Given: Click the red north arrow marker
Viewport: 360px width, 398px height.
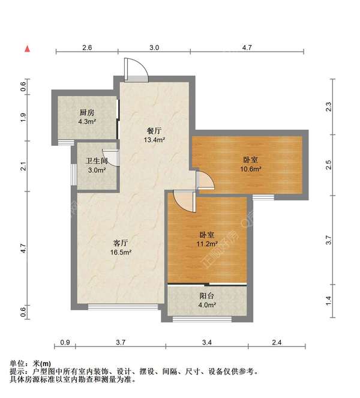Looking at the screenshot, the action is tap(27, 49).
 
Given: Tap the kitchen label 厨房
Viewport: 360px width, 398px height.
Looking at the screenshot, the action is tap(87, 112).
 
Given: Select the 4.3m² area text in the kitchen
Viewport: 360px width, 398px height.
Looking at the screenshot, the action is tap(87, 122).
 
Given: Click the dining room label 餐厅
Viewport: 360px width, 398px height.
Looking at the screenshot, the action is tap(154, 131).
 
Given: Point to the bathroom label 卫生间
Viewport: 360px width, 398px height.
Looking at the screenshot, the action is tap(97, 161).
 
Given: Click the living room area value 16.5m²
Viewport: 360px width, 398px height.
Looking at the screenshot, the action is tap(121, 252).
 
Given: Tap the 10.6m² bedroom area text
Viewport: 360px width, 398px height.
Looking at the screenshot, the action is tap(251, 169).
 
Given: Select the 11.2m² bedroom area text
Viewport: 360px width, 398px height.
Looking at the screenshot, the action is tap(207, 244).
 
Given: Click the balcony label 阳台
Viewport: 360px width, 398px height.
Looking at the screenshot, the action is tap(206, 296).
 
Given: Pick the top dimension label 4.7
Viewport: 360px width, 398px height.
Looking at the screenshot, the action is tap(247, 47).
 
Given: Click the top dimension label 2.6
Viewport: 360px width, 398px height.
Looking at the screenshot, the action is tap(87, 47).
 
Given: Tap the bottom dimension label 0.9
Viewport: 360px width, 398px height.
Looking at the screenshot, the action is tap(65, 342).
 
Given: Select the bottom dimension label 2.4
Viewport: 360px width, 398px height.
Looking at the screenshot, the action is tap(277, 342).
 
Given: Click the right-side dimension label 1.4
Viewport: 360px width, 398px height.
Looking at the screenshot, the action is tap(328, 301).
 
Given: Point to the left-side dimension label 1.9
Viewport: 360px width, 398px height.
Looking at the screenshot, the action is tap(23, 118).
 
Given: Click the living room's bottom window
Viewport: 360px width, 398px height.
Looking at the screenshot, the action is tap(123, 307).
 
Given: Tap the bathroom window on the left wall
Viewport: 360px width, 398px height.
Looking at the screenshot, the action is tap(74, 175).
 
